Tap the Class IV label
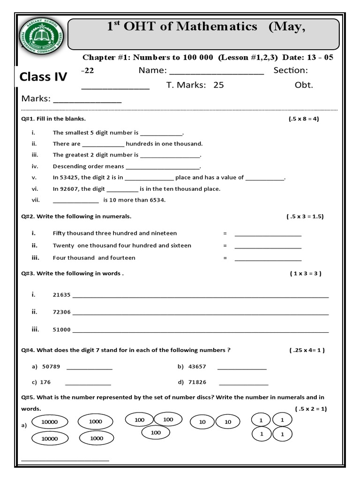[43, 77]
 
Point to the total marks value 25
[218, 85]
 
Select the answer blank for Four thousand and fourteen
[268, 258]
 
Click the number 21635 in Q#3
[62, 295]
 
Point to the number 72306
[62, 312]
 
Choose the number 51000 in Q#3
[62, 330]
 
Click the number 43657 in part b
[197, 367]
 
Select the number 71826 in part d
[197, 382]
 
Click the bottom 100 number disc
[156, 433]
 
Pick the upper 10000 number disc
[49, 422]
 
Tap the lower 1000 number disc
[96, 438]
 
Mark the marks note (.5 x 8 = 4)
[304, 119]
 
